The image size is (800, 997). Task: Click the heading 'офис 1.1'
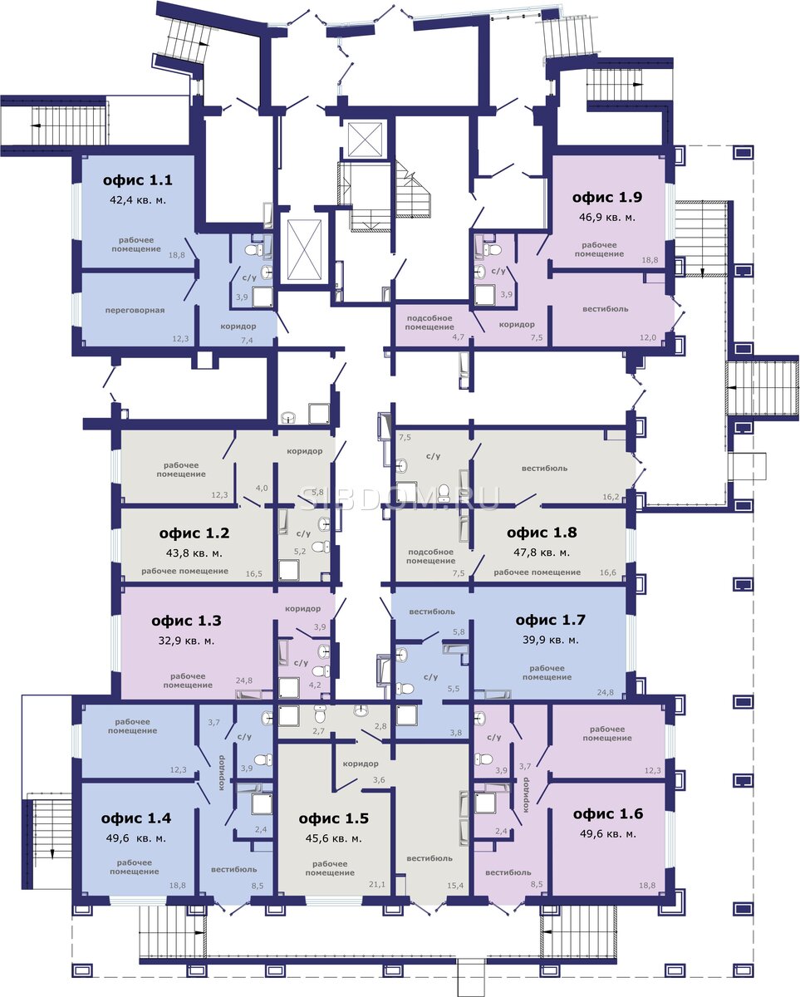click(x=138, y=179)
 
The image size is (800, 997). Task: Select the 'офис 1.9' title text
click(x=606, y=197)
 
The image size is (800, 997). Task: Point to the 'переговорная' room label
click(x=135, y=310)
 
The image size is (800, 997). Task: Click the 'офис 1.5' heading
click(x=333, y=818)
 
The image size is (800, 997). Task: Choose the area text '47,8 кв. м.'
click(x=542, y=553)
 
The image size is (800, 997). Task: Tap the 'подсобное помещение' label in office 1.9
click(x=429, y=322)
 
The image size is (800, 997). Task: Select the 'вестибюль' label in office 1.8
click(x=544, y=468)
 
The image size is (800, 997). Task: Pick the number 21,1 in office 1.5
click(x=376, y=884)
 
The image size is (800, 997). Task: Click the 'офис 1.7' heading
click(x=550, y=620)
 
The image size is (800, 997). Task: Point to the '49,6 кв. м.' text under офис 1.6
click(x=608, y=834)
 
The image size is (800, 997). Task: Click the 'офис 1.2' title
click(x=194, y=533)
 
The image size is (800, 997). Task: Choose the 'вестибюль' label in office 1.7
click(x=432, y=611)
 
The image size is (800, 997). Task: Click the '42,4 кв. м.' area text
click(x=138, y=200)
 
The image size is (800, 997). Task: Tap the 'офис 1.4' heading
click(x=136, y=818)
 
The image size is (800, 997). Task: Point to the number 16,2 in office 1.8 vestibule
click(x=611, y=497)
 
